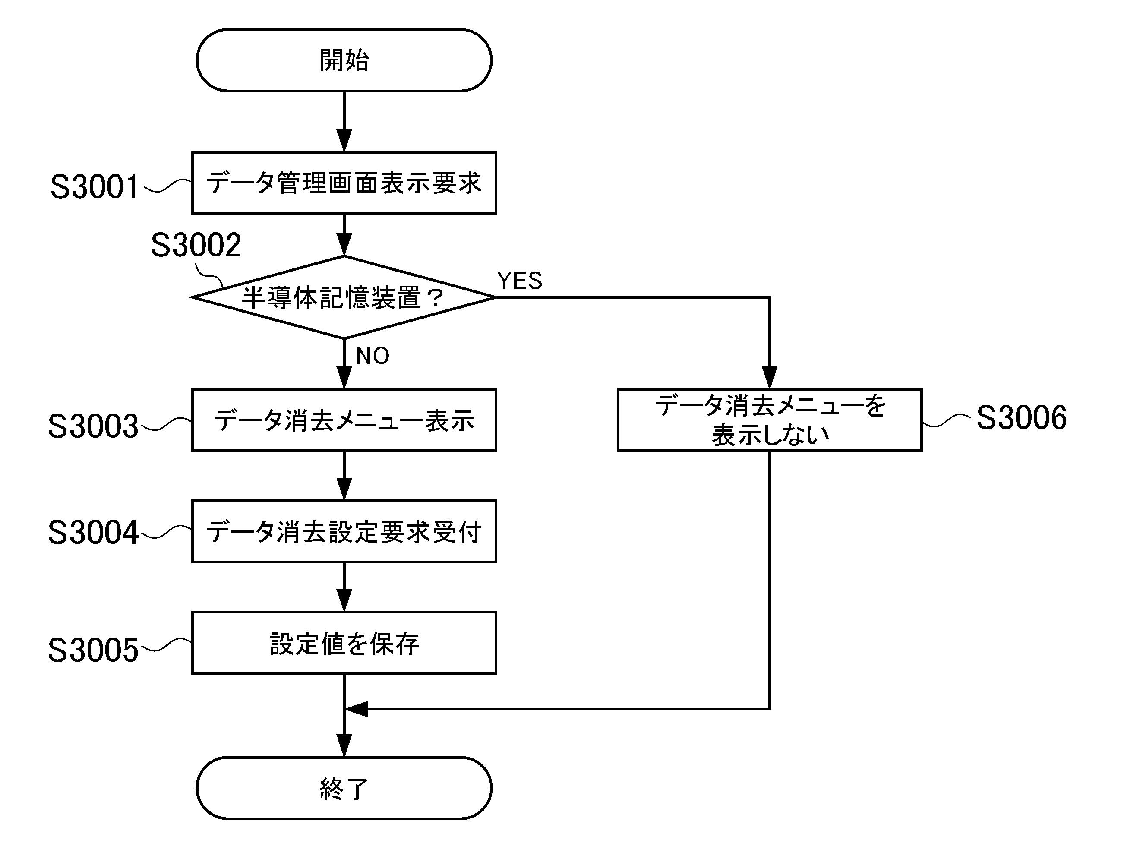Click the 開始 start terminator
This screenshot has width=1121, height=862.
tap(344, 60)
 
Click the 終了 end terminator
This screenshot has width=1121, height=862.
tap(344, 788)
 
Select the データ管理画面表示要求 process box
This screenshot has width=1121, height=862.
tap(344, 183)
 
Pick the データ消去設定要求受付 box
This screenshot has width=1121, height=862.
tap(344, 531)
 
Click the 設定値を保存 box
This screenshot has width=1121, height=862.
tap(344, 643)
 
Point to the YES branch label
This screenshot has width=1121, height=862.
tap(519, 281)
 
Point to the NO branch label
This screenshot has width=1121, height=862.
tap(373, 356)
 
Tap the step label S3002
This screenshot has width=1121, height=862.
tap(196, 245)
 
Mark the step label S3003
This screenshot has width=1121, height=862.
tap(93, 426)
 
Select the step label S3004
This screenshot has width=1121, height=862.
tap(93, 532)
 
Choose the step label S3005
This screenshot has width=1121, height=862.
tap(93, 650)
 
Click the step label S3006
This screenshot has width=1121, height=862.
tap(1021, 418)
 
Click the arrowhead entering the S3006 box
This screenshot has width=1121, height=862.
tap(769, 378)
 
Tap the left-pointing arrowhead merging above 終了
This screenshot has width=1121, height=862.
tap(357, 709)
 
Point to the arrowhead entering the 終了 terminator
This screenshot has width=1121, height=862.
tap(344, 745)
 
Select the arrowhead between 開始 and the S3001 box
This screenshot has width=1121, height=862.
tap(344, 140)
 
